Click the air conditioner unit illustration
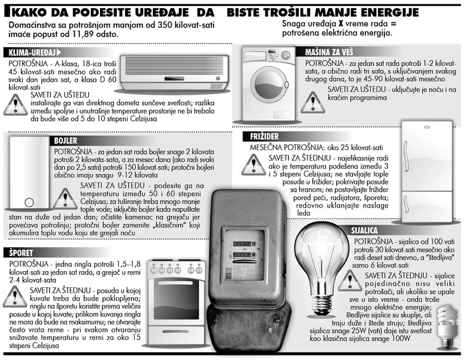pyautogui.click(x=174, y=72)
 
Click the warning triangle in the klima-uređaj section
pyautogui.click(x=14, y=104)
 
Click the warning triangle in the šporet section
pyautogui.click(x=14, y=296)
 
